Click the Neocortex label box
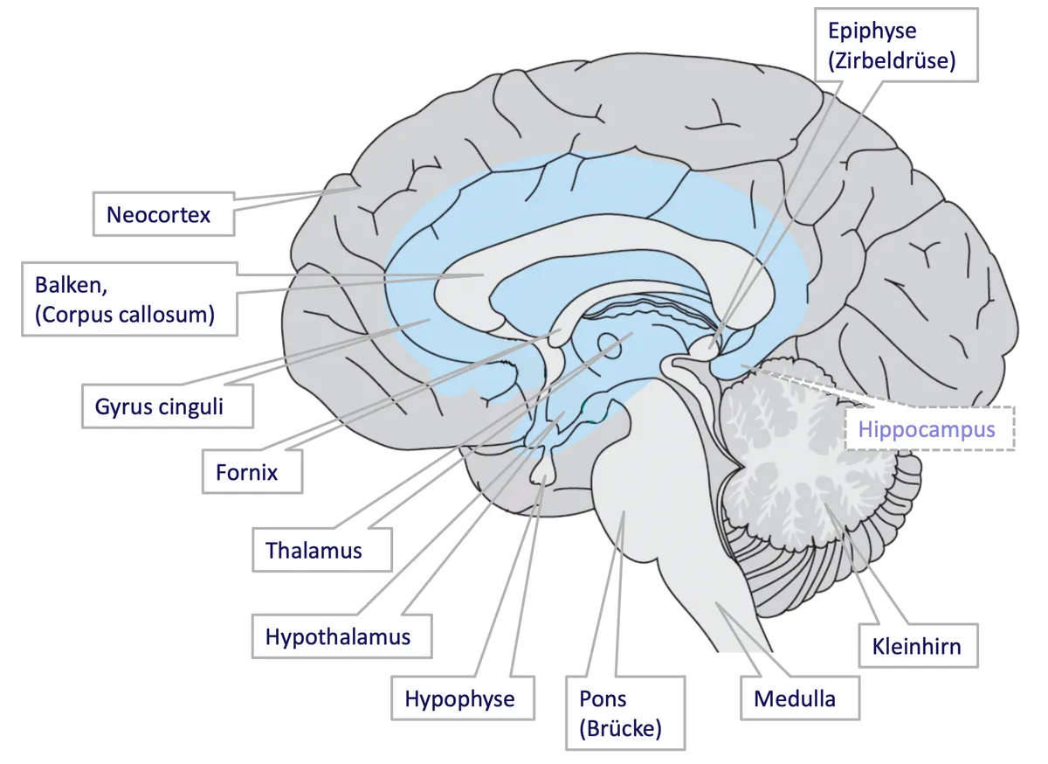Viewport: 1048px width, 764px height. pyautogui.click(x=164, y=214)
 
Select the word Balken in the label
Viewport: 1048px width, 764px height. pyautogui.click(x=71, y=285)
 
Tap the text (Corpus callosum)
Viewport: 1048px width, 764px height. pyautogui.click(x=125, y=315)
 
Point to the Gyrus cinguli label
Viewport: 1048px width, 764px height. pyautogui.click(x=168, y=406)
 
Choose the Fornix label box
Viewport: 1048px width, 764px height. pyautogui.click(x=252, y=472)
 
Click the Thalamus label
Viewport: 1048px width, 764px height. pyautogui.click(x=322, y=550)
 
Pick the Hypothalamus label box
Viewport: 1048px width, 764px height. pyautogui.click(x=341, y=636)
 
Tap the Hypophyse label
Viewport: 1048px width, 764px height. pyautogui.click(x=463, y=698)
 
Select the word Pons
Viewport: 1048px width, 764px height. pyautogui.click(x=603, y=699)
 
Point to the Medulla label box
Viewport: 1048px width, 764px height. pyautogui.click(x=800, y=698)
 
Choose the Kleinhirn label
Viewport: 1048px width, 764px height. pyautogui.click(x=919, y=646)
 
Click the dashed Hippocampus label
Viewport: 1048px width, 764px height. pyautogui.click(x=930, y=428)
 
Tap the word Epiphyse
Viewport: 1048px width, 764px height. pyautogui.click(x=872, y=31)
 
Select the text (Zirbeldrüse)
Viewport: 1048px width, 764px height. pyautogui.click(x=892, y=61)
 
